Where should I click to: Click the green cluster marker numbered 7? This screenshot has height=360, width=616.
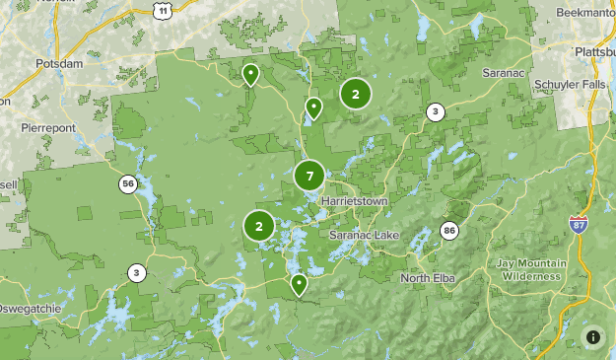309,177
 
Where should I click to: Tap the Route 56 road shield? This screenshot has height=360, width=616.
128,183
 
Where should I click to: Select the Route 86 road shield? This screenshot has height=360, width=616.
449,231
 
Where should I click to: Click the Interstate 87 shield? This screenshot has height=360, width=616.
579,225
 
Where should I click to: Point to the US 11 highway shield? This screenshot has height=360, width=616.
161,9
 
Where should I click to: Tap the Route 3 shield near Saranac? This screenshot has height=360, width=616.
435,111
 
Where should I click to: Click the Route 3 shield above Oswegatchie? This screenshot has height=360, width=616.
136,272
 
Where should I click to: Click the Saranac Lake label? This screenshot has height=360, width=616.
361,237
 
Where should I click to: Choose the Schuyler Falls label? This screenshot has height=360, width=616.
572,85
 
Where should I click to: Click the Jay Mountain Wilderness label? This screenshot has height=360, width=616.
531,269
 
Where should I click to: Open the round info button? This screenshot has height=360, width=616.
593,337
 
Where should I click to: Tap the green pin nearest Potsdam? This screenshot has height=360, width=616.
250,73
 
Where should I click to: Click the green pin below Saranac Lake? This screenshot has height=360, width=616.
298,284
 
